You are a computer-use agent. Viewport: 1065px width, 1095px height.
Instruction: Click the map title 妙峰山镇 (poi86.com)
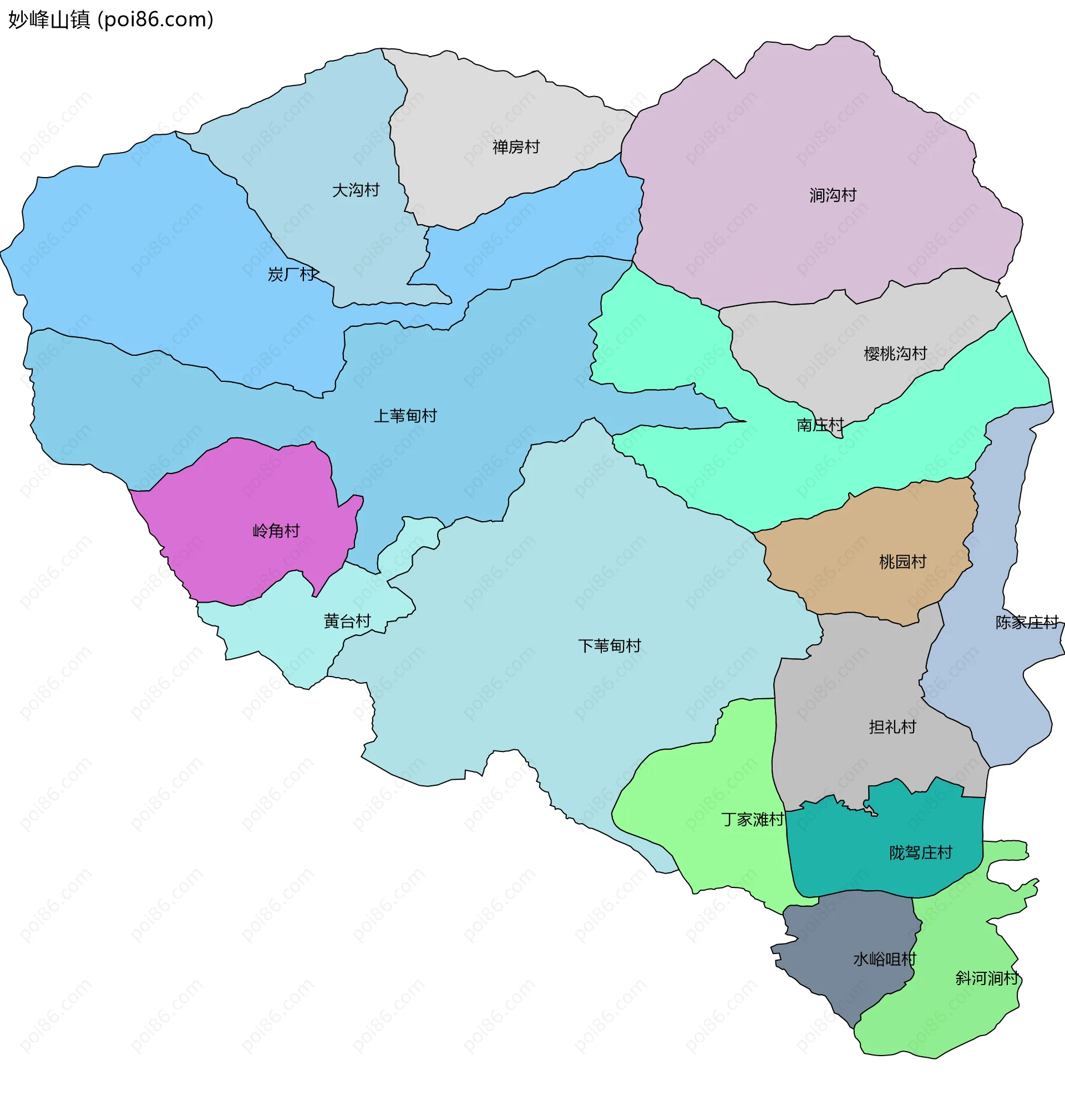[111, 20]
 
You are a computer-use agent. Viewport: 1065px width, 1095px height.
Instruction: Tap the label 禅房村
[516, 147]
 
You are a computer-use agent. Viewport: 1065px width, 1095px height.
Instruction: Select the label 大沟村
[356, 190]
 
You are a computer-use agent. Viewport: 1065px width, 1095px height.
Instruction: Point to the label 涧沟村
[833, 195]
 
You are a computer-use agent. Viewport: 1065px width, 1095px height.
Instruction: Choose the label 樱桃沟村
[895, 354]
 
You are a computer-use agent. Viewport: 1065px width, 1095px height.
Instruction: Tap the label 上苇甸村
[405, 416]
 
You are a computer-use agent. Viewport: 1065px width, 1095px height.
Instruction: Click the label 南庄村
[820, 425]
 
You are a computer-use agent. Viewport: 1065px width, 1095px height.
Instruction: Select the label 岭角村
[276, 531]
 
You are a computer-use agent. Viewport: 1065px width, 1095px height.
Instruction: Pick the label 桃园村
[903, 562]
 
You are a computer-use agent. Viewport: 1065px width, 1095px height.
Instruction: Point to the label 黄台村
[347, 621]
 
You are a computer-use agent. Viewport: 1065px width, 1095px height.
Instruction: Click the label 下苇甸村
[609, 645]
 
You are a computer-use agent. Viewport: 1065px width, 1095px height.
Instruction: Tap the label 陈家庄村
[1027, 622]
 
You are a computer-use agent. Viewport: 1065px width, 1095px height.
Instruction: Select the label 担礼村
[892, 727]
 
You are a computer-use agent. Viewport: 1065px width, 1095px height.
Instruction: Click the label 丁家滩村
[752, 820]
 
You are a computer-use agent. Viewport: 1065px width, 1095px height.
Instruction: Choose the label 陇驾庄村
[921, 852]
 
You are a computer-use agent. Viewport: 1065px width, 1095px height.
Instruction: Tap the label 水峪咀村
[884, 959]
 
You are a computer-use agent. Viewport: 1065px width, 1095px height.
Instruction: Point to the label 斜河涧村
[987, 978]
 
